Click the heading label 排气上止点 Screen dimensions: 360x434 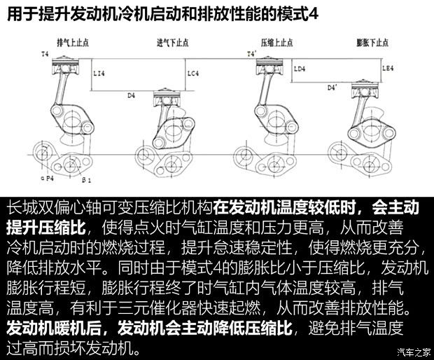(71, 42)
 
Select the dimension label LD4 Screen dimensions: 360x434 (300, 69)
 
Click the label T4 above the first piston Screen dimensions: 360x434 (45, 53)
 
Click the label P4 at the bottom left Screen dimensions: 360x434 (49, 179)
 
